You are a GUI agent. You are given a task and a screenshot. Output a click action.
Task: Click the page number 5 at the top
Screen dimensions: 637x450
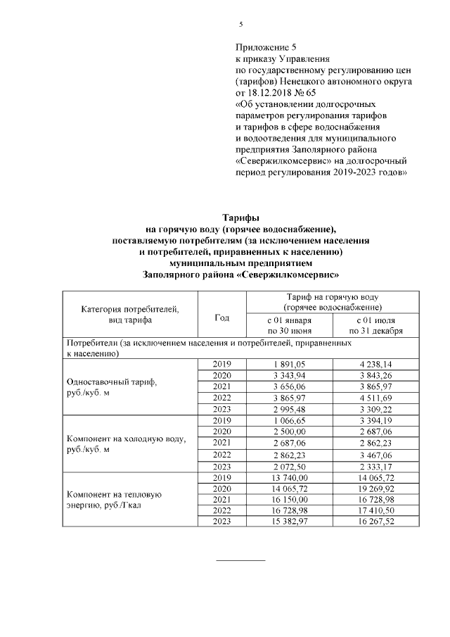click(x=240, y=24)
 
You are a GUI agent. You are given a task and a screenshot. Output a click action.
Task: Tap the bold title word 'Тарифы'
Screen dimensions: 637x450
click(x=240, y=219)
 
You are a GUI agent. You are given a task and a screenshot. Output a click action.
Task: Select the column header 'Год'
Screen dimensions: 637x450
click(x=221, y=317)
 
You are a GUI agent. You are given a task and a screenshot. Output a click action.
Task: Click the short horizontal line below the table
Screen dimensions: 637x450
click(x=240, y=560)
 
